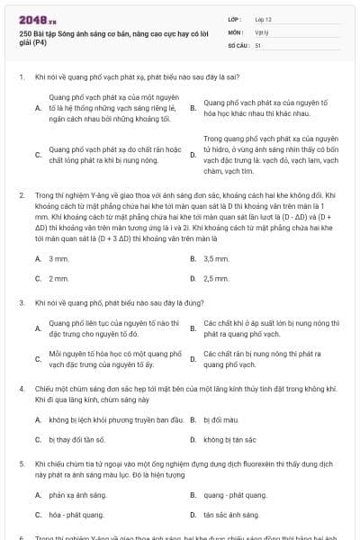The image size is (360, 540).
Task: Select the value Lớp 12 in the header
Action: (x=264, y=19)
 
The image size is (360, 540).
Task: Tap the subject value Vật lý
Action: (x=261, y=31)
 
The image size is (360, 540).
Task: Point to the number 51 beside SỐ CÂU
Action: (x=258, y=44)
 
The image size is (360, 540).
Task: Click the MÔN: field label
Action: (x=235, y=31)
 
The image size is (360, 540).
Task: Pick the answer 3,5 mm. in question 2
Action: (x=216, y=259)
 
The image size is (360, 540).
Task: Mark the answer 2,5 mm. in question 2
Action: (x=216, y=278)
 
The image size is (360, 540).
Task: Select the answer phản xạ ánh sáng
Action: (x=72, y=495)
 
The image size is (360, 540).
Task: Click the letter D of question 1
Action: (x=193, y=155)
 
